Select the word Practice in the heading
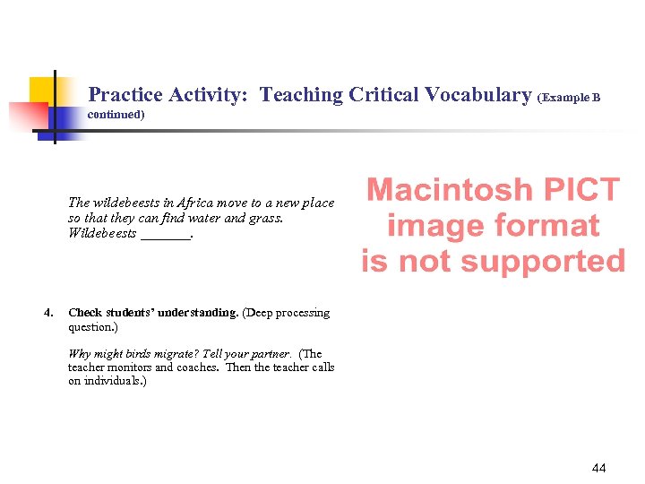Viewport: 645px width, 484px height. pos(126,95)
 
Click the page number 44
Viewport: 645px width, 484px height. pos(599,468)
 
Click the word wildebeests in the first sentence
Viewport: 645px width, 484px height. pos(123,203)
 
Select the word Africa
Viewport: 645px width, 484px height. pos(196,203)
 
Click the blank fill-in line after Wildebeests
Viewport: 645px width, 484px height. pos(166,235)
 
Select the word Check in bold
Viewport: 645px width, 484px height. pos(85,313)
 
